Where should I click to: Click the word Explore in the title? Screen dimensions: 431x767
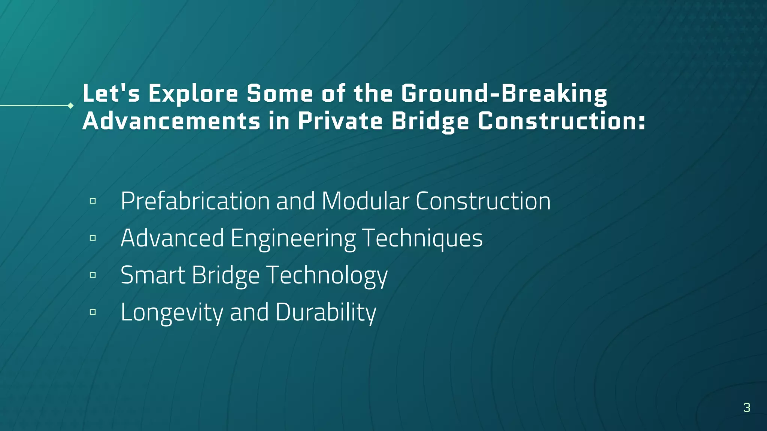(193, 94)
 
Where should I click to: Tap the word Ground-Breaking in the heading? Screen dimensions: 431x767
(504, 94)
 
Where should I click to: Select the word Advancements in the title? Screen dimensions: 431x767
(171, 121)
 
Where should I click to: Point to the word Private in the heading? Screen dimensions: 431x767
(340, 121)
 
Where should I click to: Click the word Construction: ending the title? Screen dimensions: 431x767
(561, 121)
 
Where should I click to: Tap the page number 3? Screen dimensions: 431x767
(746, 407)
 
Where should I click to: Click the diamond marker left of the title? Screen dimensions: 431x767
(70, 106)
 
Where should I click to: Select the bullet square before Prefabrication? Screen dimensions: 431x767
(93, 201)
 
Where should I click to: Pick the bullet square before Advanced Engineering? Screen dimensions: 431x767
(93, 238)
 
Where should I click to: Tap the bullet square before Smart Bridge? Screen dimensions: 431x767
(93, 275)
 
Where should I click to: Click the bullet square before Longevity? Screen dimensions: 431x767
(93, 312)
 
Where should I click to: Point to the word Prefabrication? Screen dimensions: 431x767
(195, 201)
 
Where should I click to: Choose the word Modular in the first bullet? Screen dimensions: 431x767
(365, 201)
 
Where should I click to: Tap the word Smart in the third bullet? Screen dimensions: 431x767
(153, 275)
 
